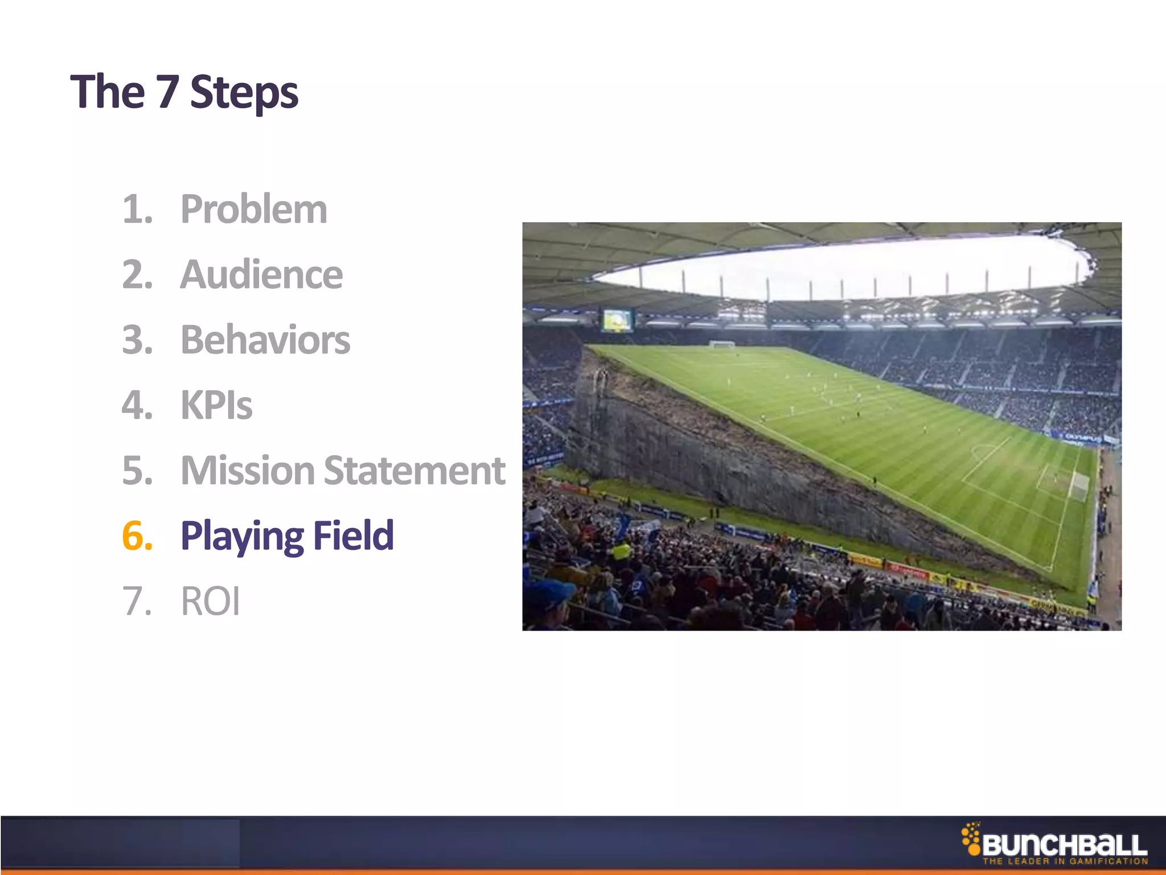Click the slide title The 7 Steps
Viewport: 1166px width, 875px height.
[x=184, y=92]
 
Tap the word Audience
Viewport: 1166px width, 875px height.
[x=261, y=275]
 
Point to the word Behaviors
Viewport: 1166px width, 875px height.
[x=265, y=340]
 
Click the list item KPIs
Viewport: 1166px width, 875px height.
[x=216, y=405]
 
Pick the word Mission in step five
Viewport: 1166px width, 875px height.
[x=248, y=471]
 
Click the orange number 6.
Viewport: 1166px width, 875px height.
[x=137, y=535]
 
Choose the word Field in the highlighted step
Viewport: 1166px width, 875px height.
[x=354, y=535]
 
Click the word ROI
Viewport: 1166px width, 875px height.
[x=210, y=601]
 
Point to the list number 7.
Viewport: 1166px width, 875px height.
[x=137, y=601]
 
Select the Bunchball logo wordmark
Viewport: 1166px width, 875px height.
[x=1064, y=845]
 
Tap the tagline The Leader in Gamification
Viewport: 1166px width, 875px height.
[x=1065, y=861]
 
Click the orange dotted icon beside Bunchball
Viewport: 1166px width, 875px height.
[x=970, y=839]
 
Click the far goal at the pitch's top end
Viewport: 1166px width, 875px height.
[x=722, y=344]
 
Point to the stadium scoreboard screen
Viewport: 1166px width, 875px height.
[x=617, y=320]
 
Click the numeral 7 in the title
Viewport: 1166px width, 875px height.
[x=167, y=92]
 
